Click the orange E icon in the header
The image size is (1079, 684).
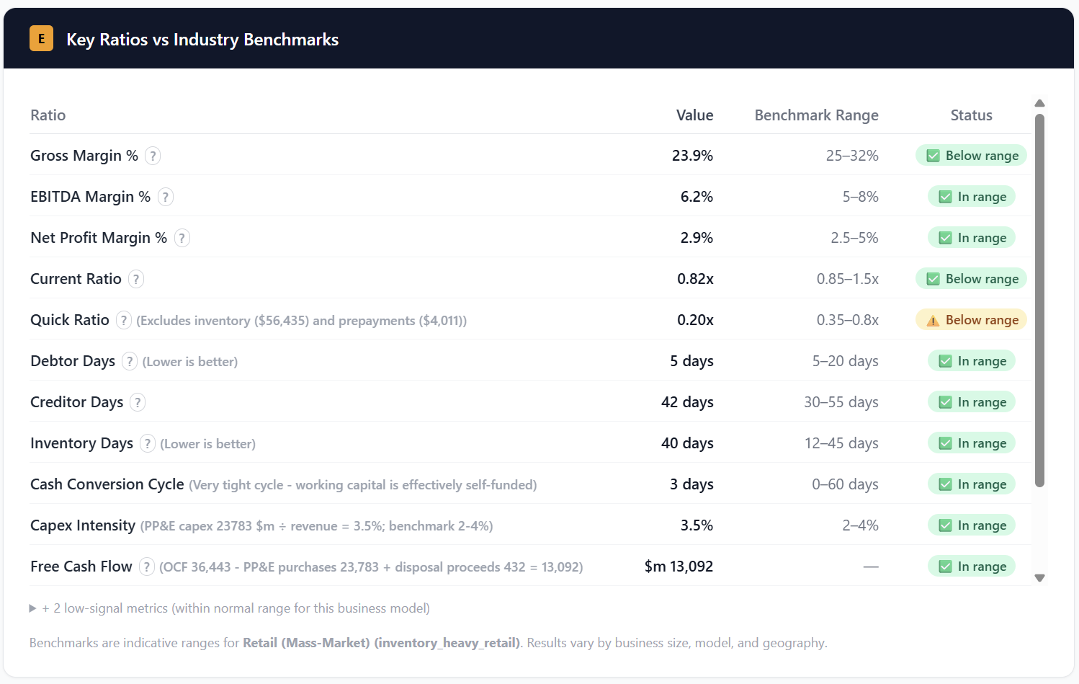41,39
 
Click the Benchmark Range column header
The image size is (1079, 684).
816,115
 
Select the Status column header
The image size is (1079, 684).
971,115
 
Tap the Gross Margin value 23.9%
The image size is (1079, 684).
692,156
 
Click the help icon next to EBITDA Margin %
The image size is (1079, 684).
166,197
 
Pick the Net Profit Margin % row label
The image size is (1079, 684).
99,238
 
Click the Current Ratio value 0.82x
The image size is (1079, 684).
695,279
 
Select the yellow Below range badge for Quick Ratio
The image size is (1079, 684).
971,320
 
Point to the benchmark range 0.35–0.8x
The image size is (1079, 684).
847,320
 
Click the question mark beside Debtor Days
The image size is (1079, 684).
129,361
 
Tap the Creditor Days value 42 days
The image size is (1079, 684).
687,402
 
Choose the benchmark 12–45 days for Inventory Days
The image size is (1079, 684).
841,443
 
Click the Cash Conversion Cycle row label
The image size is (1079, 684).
107,484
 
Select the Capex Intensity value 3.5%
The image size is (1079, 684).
697,525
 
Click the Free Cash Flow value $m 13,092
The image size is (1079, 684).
679,567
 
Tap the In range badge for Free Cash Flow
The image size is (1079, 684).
971,567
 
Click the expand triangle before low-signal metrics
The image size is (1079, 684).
32,608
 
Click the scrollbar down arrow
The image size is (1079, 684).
1039,577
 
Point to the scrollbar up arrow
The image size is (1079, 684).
1039,103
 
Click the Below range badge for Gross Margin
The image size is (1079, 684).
971,156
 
